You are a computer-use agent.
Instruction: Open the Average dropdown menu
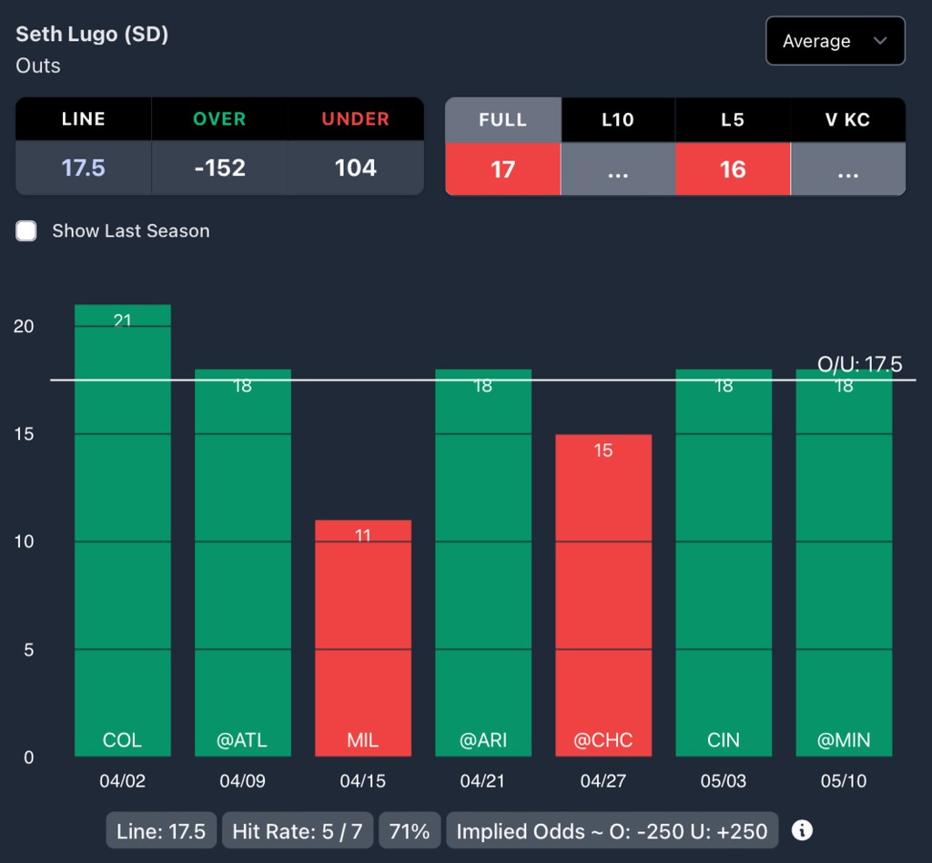point(835,41)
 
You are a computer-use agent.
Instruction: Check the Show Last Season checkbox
point(26,231)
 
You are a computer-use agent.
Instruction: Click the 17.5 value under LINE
point(83,168)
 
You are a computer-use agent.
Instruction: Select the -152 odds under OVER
point(219,168)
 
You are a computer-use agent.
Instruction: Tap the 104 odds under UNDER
point(355,168)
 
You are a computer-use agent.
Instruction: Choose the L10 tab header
point(617,119)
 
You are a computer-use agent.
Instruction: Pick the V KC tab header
point(847,119)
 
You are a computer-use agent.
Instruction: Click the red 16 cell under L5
point(732,169)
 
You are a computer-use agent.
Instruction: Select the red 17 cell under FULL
point(502,169)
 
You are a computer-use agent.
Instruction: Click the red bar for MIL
point(363,637)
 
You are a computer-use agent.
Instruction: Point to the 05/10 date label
point(844,781)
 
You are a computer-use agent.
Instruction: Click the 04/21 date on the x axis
point(483,781)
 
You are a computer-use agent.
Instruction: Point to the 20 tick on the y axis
point(24,326)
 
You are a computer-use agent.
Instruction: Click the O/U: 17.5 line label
point(859,365)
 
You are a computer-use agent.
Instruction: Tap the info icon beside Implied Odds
point(802,830)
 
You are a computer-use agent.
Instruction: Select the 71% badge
point(409,831)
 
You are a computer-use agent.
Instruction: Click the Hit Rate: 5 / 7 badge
point(297,831)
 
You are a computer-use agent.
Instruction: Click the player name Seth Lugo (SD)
point(92,35)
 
